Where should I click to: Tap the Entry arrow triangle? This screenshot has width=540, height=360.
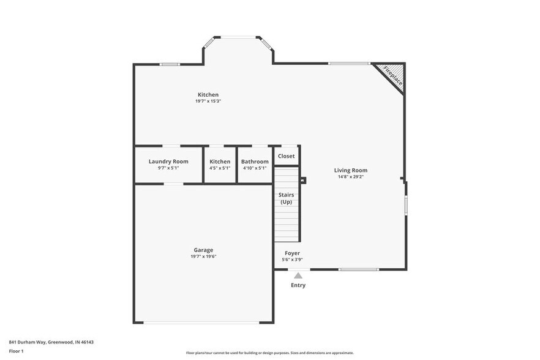(298, 276)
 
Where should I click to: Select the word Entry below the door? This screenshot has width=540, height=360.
(298, 285)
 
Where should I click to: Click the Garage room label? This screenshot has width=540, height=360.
(203, 250)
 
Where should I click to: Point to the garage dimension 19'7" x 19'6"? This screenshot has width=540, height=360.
(203, 257)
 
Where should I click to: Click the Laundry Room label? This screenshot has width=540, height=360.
(168, 162)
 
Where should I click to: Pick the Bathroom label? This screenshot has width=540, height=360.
(255, 162)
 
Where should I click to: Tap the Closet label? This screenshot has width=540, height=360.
(287, 156)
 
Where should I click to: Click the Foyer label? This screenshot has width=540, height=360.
(292, 253)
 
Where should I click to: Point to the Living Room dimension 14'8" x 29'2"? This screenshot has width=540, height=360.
(351, 177)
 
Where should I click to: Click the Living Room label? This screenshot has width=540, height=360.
(351, 170)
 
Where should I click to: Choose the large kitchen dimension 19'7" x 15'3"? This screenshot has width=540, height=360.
(208, 101)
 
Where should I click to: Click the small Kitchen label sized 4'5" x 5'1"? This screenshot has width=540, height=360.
(220, 162)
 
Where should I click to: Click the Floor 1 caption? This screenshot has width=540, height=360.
(16, 351)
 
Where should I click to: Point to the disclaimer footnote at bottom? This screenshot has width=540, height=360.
(269, 353)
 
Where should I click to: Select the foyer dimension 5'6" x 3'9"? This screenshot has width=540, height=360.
(292, 260)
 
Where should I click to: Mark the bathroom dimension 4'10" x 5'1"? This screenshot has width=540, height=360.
(255, 168)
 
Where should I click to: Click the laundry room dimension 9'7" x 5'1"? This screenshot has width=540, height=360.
(168, 168)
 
